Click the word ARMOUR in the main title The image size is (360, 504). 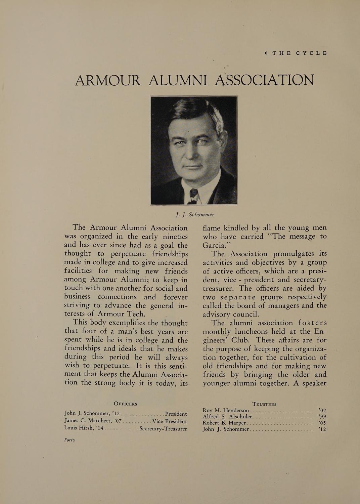tap(107, 80)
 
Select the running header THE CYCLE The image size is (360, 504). tap(300, 53)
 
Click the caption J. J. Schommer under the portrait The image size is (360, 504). tap(194, 214)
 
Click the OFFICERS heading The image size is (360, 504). tap(125, 404)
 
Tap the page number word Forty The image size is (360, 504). tap(70, 440)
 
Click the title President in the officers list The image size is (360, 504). tap(176, 414)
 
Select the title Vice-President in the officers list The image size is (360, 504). tap(170, 421)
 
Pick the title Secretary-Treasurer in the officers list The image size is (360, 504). tap(163, 429)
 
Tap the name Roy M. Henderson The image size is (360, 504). tap(226, 410)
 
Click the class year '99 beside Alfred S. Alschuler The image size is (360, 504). tap(322, 417)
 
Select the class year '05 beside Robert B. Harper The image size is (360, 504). tap(322, 423)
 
